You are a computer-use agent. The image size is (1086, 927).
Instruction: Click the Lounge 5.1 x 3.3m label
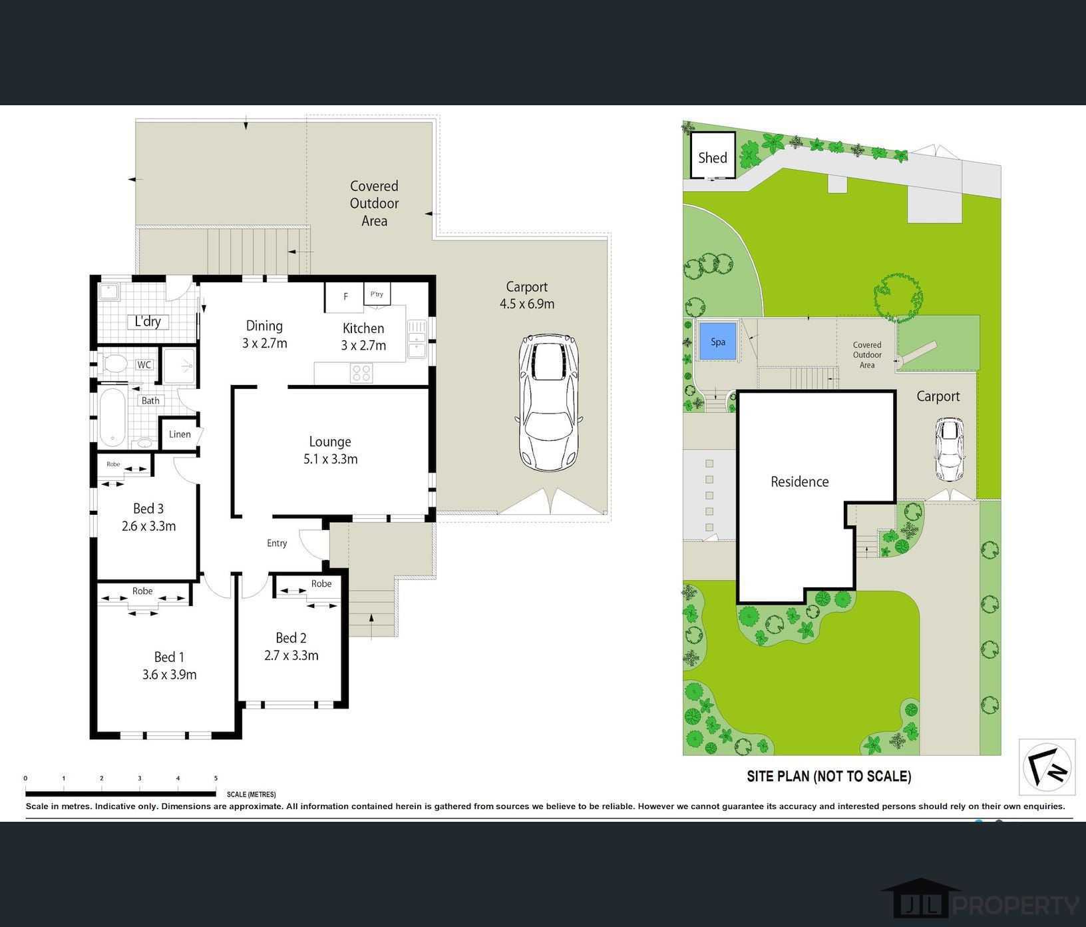click(x=330, y=450)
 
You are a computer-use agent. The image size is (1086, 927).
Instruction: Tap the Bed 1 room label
click(x=169, y=665)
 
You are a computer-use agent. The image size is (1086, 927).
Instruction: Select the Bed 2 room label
click(x=291, y=647)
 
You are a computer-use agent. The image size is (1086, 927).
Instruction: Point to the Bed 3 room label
click(x=148, y=517)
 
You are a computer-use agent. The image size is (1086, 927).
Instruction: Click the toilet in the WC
click(x=115, y=364)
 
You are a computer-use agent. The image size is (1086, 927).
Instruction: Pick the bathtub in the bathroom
click(x=112, y=418)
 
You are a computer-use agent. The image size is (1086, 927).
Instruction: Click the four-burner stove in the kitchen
click(x=361, y=373)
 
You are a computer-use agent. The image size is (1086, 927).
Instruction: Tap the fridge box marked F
click(x=345, y=297)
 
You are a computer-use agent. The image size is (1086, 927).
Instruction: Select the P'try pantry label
click(x=377, y=294)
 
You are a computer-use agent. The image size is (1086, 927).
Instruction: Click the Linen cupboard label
click(x=180, y=434)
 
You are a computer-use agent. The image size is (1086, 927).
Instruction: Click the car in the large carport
click(x=548, y=402)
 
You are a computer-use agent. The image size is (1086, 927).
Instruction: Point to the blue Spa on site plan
click(x=717, y=342)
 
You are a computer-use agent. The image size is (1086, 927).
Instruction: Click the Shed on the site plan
click(x=712, y=157)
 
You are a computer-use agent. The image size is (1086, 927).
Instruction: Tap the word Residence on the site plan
click(x=799, y=481)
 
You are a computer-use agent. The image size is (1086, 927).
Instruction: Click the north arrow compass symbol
click(x=1047, y=767)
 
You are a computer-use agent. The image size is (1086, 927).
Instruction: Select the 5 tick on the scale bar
click(x=216, y=778)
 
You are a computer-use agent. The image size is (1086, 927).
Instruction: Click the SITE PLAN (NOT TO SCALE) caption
click(x=828, y=776)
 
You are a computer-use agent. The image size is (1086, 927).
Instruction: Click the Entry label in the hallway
click(x=277, y=543)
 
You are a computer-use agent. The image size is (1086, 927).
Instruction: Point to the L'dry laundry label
click(x=148, y=322)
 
